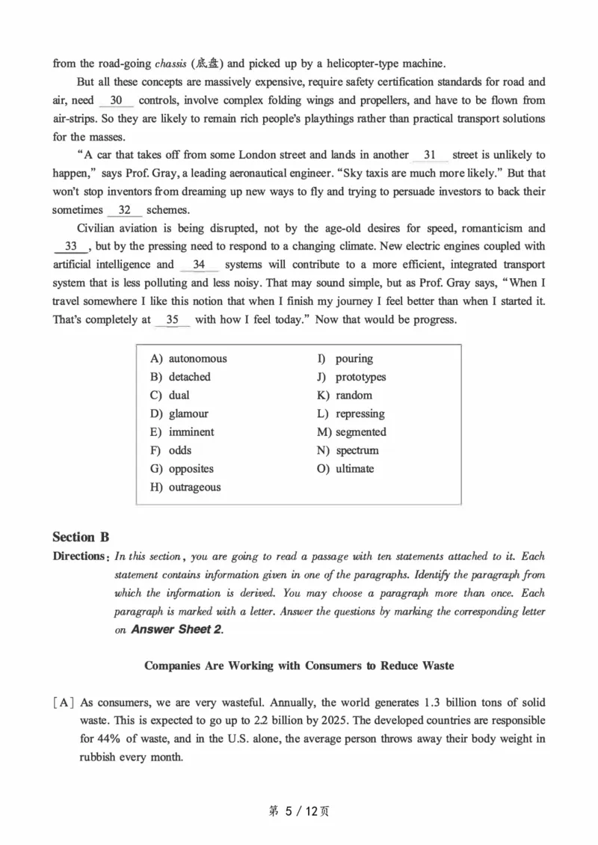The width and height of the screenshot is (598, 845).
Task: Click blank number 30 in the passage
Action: [x=116, y=100]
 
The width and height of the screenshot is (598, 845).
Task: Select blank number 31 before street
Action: [x=430, y=155]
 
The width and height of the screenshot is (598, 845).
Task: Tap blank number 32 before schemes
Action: [x=125, y=209]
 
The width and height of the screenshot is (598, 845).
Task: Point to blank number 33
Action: [x=72, y=246]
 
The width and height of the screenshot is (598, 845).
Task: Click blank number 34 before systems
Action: [x=199, y=265]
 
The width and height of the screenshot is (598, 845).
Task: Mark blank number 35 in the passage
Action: [x=173, y=319]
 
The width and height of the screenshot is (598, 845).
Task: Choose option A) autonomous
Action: [x=188, y=359]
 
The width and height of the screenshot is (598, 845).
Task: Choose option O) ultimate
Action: [x=345, y=469]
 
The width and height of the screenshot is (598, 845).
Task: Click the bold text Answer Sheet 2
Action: [x=176, y=630]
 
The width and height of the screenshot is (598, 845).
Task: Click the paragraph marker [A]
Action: [x=64, y=703]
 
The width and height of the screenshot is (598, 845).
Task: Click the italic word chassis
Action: [x=171, y=64]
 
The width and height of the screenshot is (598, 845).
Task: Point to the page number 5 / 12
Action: [x=298, y=811]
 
